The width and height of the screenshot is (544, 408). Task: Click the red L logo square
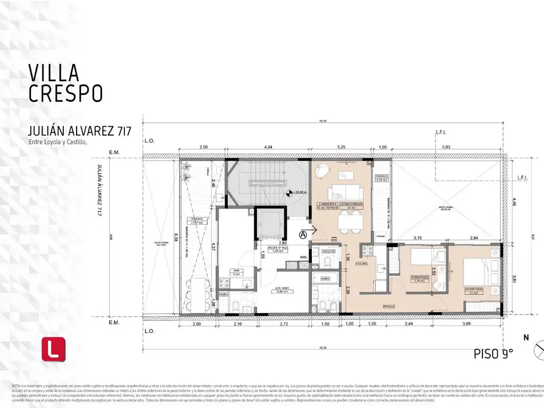(x=53, y=349)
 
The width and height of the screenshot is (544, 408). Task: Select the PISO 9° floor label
(x=494, y=354)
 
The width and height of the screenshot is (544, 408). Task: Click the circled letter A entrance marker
(x=303, y=234)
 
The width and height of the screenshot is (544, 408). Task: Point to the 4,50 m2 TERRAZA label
(x=381, y=178)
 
